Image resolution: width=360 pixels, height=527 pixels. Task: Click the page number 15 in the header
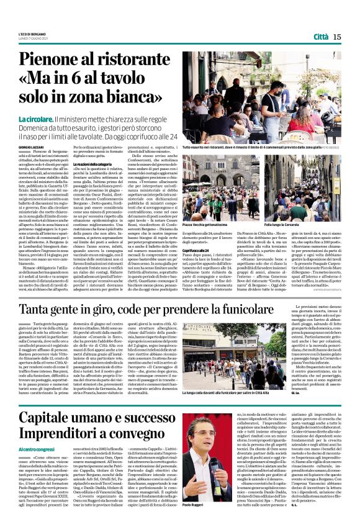(336, 37)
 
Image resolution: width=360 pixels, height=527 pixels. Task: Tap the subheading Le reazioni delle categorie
(96, 163)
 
